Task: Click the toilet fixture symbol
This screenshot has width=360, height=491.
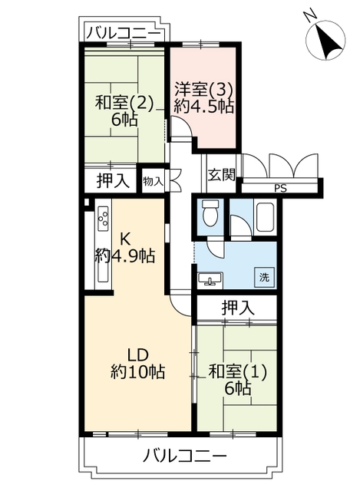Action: point(210,213)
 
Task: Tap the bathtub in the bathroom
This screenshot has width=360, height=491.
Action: point(265,217)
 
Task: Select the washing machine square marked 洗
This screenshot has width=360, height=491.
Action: point(264,277)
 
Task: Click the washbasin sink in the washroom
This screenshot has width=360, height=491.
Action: point(210,278)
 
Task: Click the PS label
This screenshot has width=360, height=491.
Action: point(280,189)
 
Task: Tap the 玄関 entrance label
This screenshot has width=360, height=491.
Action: point(222,175)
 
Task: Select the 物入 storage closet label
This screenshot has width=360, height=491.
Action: point(153,181)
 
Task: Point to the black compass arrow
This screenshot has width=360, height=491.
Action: point(329,43)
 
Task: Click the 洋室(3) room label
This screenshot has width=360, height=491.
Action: point(203,91)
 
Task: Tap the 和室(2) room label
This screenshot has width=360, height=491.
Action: point(124,103)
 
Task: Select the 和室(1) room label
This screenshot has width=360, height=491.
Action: point(237,371)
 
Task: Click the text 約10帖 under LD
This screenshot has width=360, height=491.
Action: point(138,371)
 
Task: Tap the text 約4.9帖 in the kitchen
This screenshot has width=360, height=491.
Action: point(125,256)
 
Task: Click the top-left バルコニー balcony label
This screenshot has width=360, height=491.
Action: point(123,33)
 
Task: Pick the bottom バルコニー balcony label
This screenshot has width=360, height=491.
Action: point(184,455)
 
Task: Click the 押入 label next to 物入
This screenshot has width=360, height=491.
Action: point(113,181)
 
